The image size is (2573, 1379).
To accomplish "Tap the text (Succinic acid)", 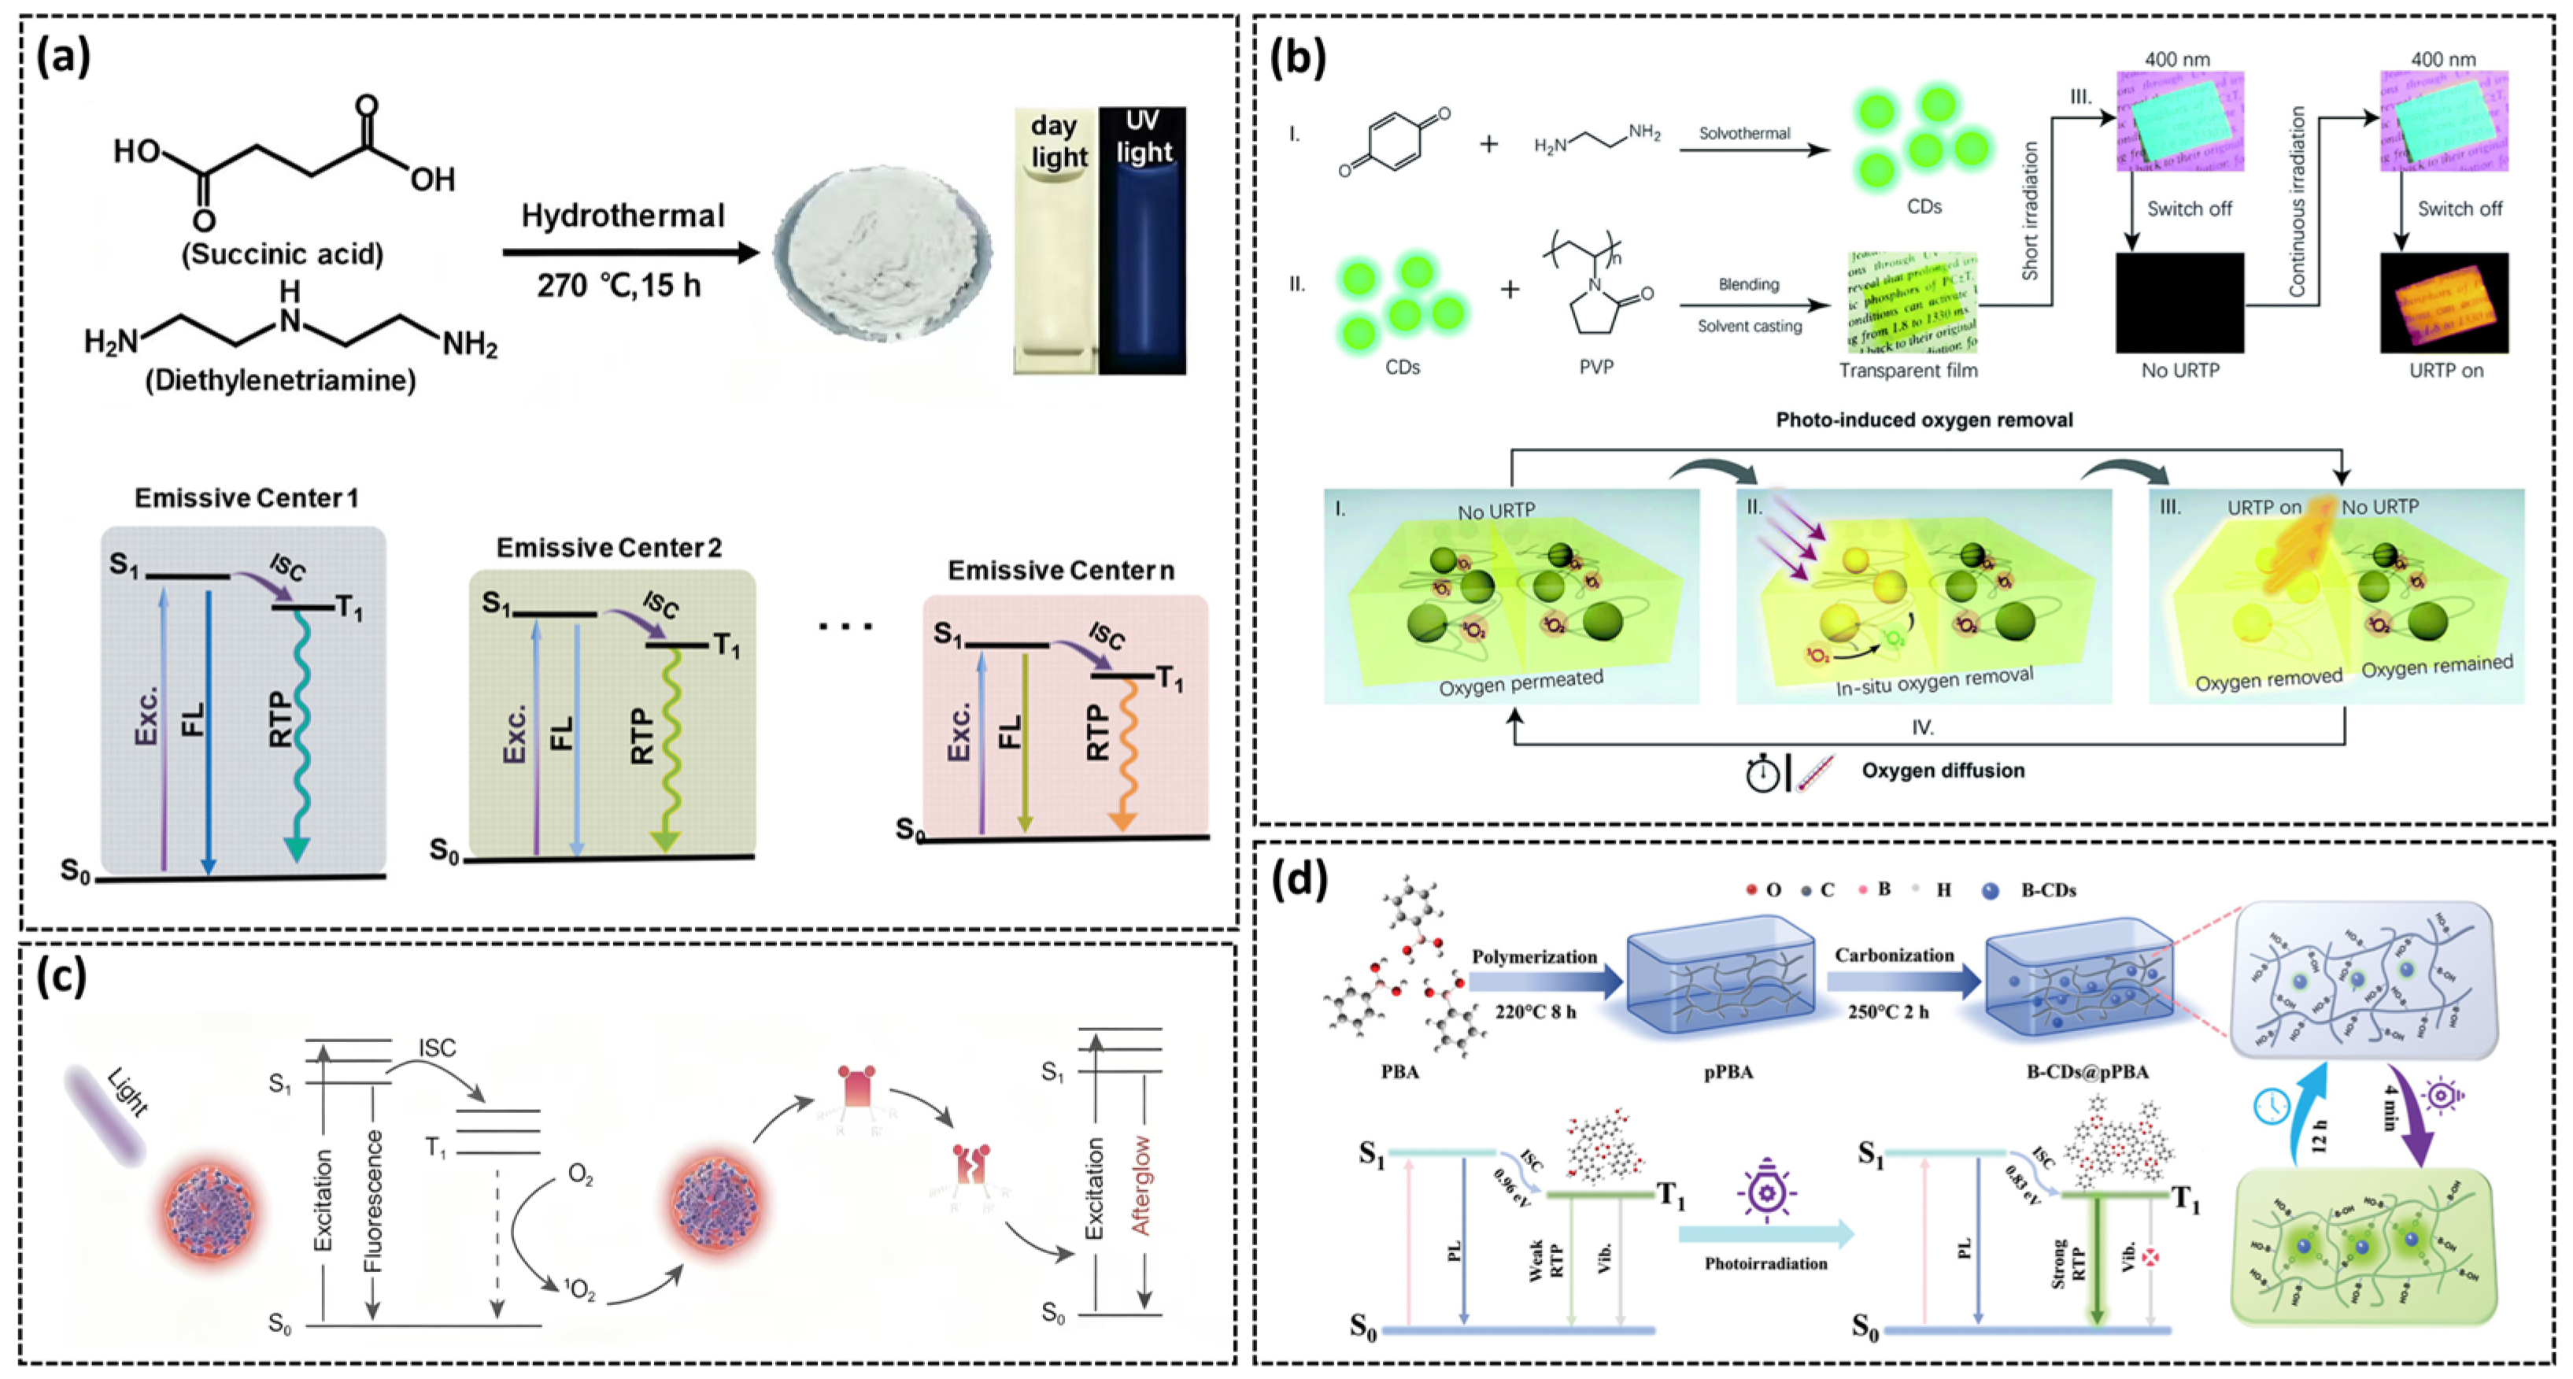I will pos(283,253).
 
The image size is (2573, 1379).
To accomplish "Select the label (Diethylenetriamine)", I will pos(281,380).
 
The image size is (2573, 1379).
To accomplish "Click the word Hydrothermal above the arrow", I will pos(623,216).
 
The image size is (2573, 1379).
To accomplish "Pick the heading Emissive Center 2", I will pos(609,547).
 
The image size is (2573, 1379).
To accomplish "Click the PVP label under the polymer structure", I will pos(1596,368).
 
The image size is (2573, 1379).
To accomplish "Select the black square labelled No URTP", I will pos(2179,302).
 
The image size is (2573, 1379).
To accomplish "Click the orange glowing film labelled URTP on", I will pos(2444,302).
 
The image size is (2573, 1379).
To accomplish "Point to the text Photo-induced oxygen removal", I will pos(1924,420).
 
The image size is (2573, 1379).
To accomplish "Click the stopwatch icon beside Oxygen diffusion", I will pos(1763,773).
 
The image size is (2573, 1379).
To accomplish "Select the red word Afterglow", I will pos(1140,1185).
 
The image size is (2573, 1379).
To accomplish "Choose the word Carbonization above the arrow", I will pos(1894,956).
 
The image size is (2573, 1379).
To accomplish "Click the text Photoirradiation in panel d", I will pos(1766,1263).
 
